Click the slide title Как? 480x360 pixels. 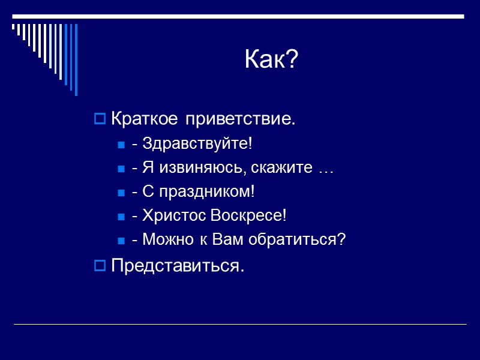271,60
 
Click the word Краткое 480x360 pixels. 145,119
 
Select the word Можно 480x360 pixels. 166,240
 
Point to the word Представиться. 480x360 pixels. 178,265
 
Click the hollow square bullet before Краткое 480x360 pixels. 100,120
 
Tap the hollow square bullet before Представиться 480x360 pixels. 100,265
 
